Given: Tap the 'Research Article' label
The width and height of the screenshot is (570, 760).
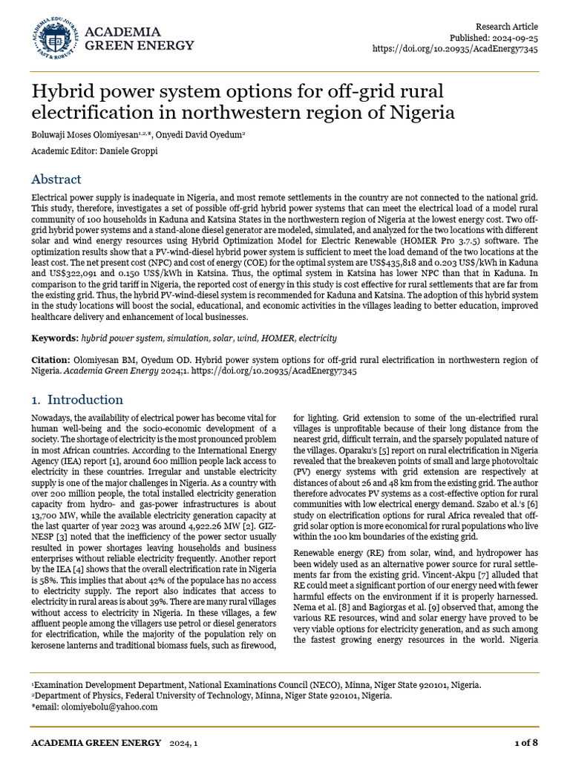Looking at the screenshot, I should (507, 26).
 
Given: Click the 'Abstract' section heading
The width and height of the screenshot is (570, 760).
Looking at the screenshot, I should (56, 180).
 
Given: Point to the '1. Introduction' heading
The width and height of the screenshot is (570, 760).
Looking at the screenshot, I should (76, 399).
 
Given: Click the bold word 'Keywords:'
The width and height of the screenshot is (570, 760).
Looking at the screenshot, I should (54, 338).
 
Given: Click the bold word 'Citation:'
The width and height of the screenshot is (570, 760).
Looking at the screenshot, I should (51, 360).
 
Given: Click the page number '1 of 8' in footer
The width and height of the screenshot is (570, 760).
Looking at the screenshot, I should (526, 742).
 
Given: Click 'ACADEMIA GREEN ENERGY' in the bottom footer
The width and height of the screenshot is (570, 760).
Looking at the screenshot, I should (96, 742).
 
